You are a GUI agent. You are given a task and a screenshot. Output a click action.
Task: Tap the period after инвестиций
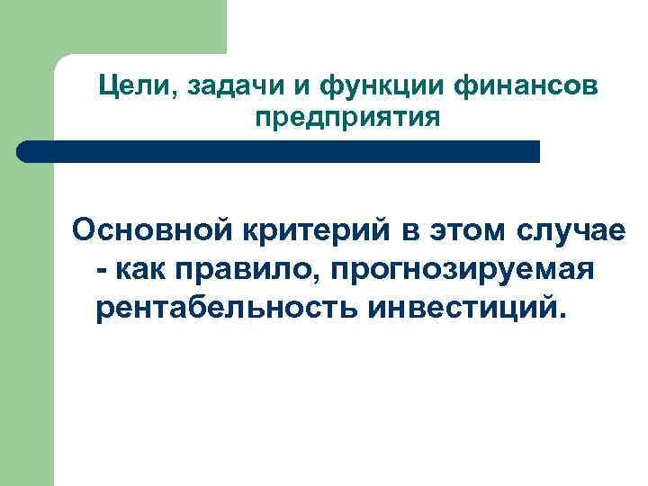coord(564,316)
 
